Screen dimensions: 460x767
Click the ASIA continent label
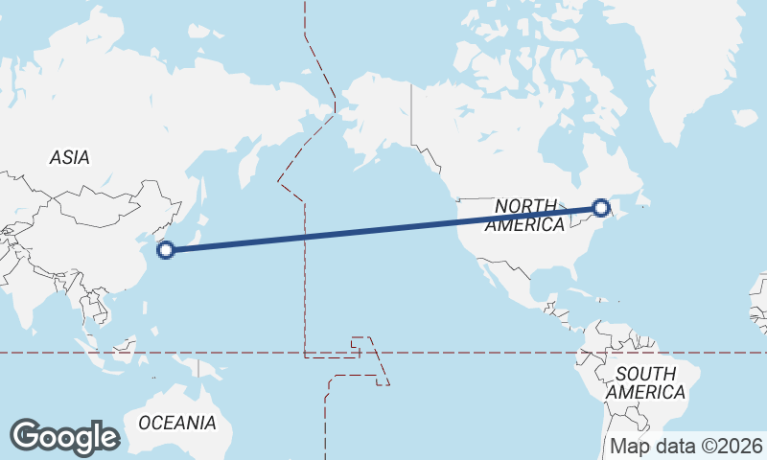click(x=69, y=157)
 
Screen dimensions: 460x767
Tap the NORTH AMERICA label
click(x=525, y=216)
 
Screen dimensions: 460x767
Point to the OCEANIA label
click(x=177, y=422)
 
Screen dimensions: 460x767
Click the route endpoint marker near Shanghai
click(x=165, y=250)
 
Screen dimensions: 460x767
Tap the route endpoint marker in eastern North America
click(x=601, y=207)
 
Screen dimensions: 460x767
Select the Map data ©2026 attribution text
click(x=686, y=446)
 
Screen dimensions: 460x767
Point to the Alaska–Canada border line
click(x=411, y=115)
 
